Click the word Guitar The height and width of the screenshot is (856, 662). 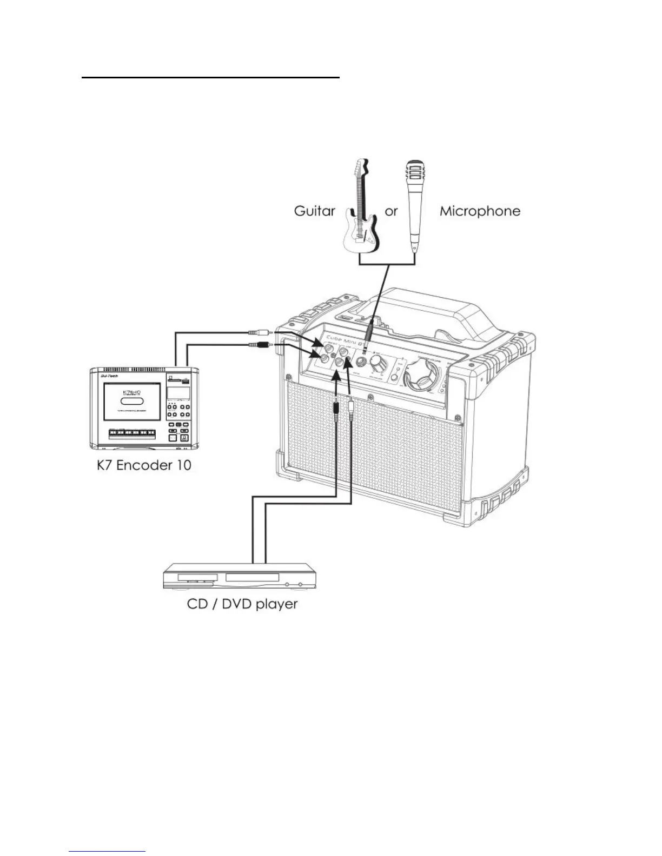(x=314, y=211)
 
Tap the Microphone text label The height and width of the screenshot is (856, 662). (x=479, y=211)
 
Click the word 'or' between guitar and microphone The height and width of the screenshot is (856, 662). (x=390, y=211)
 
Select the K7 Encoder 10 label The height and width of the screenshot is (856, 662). (x=144, y=465)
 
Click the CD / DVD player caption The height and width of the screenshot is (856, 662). (x=242, y=603)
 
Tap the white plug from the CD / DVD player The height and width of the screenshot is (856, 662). (x=352, y=404)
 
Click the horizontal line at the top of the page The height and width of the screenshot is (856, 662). (x=210, y=78)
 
